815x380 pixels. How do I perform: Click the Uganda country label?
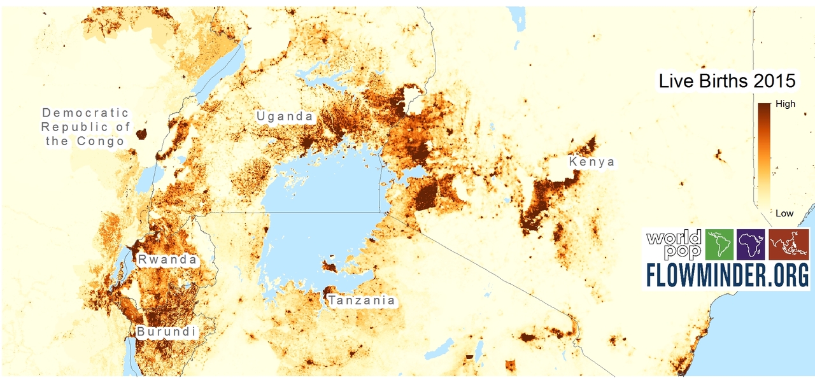pos(285,116)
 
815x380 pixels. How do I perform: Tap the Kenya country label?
pos(592,162)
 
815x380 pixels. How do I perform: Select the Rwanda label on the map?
pos(167,260)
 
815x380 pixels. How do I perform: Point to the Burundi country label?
pos(166,332)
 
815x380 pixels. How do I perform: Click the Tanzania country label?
pos(362,300)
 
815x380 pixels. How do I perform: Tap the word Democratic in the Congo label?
pos(85,113)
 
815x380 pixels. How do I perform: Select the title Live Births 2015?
pos(726,81)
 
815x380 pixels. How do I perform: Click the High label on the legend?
pos(785,104)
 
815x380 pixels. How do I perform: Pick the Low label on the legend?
pos(784,213)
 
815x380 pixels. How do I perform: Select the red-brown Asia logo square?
pos(789,245)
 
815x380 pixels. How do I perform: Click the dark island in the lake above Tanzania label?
pos(330,265)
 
